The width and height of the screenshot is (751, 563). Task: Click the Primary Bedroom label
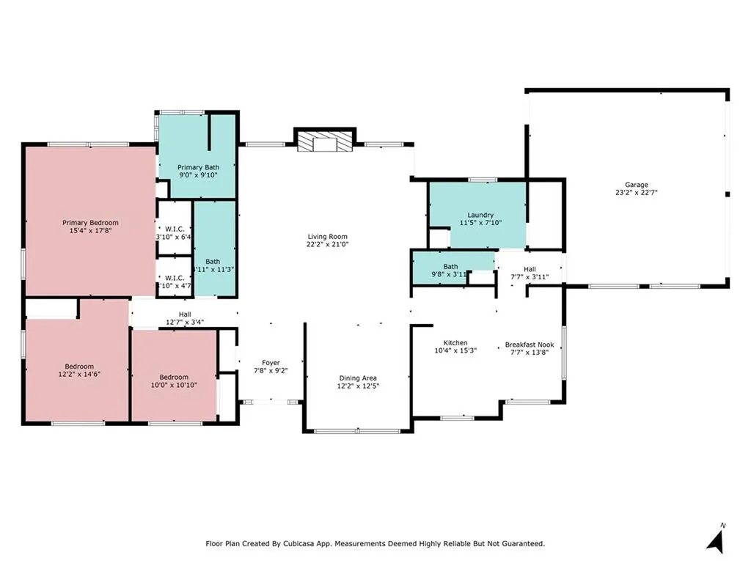tap(90, 223)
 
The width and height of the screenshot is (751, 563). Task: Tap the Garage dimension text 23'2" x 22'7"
tap(636, 194)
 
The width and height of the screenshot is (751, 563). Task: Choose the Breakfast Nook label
tap(529, 345)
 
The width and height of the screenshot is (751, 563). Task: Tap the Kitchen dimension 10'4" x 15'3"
tap(455, 351)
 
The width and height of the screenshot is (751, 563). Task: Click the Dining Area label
tap(358, 378)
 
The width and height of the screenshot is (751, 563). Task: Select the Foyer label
tap(271, 362)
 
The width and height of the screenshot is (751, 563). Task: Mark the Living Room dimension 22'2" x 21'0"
tap(327, 245)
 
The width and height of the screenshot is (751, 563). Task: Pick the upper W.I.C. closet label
tap(174, 227)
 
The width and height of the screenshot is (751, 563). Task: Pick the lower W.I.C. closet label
tap(174, 278)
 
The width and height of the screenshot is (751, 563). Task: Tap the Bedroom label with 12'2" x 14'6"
tap(78, 367)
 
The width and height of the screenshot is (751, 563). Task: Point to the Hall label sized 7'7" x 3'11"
tap(529, 269)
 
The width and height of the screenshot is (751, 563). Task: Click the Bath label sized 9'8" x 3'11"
tap(450, 267)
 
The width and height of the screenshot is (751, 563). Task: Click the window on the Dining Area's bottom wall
tap(356, 431)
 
